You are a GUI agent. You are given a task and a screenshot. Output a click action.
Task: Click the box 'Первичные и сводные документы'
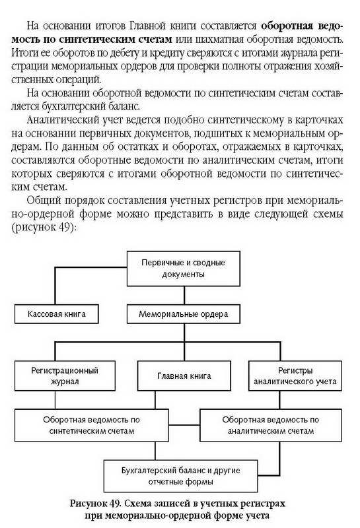point(184,269)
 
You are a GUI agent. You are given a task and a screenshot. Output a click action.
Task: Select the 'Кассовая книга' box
point(57,314)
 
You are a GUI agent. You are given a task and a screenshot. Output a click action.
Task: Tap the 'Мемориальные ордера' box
point(184,314)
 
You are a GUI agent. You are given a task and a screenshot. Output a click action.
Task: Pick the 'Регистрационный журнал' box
point(65,376)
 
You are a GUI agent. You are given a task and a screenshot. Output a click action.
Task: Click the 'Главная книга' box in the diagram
point(184,376)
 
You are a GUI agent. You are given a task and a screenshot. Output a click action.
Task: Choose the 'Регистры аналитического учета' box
point(295,376)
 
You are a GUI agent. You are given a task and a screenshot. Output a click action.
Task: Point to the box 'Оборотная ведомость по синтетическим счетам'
point(91,425)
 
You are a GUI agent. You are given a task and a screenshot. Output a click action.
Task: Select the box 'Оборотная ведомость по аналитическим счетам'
point(271,425)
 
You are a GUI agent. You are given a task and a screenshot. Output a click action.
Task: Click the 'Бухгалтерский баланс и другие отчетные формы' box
point(181,476)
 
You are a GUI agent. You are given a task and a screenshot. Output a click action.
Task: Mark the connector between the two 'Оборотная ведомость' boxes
point(184,425)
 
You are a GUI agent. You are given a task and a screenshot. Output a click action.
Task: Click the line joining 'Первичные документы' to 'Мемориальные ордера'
point(184,295)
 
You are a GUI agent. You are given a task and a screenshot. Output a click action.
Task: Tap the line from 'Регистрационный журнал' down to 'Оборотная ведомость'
point(55,400)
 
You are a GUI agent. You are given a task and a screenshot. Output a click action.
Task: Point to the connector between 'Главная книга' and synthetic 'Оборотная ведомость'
point(155,400)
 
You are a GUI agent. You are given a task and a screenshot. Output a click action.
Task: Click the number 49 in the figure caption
point(114,504)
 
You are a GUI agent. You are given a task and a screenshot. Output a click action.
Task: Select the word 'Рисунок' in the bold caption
point(89,504)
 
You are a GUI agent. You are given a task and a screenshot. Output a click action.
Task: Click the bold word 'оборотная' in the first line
point(285,26)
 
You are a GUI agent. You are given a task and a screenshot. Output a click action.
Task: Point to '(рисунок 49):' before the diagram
point(44,228)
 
